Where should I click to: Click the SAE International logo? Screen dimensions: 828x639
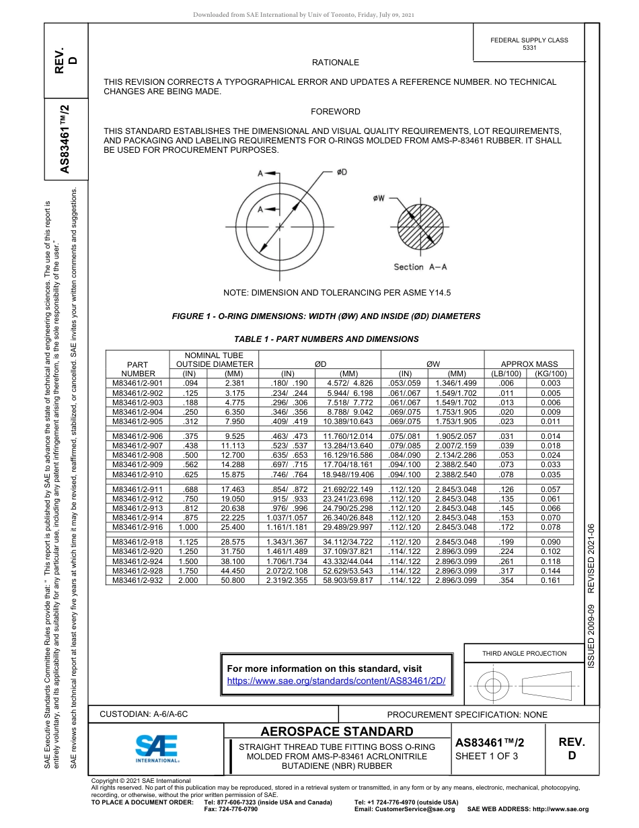(157, 748)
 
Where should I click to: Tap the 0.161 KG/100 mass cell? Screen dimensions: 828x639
(550, 580)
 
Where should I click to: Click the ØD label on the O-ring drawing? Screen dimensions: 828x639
(342, 173)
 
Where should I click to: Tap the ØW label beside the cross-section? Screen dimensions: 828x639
(379, 198)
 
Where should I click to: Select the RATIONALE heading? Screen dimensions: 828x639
(335, 63)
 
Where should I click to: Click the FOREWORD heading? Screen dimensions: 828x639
(335, 112)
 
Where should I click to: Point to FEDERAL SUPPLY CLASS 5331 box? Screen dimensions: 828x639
(529, 44)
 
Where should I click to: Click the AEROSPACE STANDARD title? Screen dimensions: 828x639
(337, 732)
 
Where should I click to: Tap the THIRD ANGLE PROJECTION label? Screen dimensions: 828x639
(524, 653)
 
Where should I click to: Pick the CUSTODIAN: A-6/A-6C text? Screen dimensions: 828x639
(144, 714)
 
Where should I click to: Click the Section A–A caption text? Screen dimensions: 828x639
(420, 267)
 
